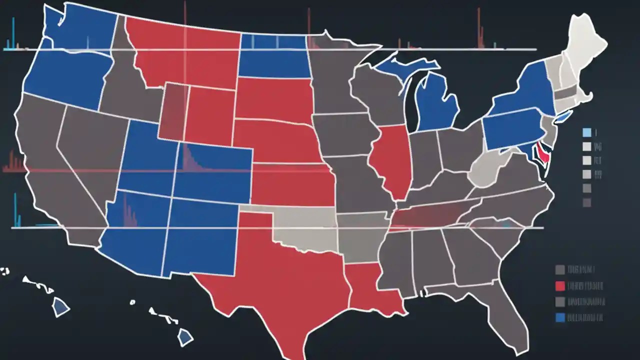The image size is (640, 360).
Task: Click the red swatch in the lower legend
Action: (560, 286)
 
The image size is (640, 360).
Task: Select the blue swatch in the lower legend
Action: (560, 317)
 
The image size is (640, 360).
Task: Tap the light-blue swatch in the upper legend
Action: (587, 132)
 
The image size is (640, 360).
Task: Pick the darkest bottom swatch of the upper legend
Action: (587, 202)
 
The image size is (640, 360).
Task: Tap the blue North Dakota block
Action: (272, 57)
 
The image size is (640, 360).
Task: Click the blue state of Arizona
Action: (132, 235)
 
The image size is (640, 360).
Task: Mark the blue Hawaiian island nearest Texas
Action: (185, 337)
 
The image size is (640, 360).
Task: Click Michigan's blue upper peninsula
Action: (400, 65)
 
